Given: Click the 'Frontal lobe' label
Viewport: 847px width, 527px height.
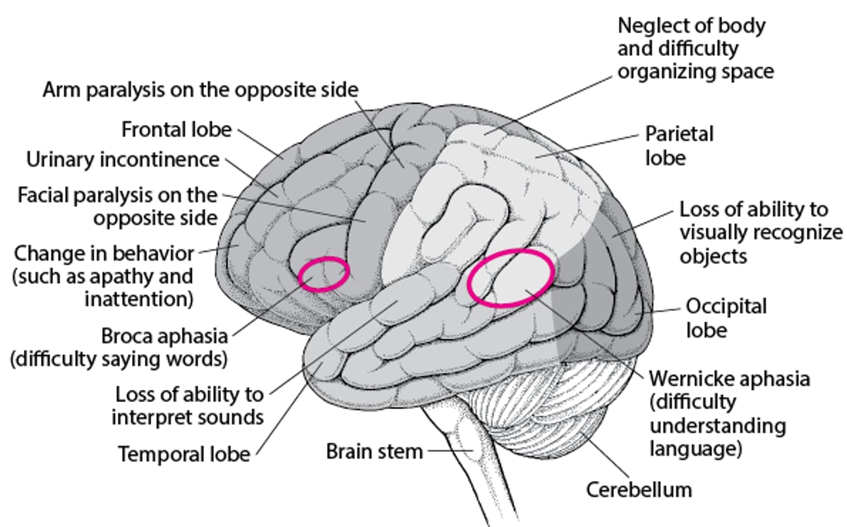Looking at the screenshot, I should point(176,130).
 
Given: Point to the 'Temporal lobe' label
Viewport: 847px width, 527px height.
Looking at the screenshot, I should point(184,453).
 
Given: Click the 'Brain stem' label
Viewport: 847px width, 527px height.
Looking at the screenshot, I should point(374,451).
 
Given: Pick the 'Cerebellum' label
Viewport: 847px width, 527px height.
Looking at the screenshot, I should point(639,489).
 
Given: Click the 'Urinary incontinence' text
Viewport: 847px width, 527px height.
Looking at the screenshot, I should point(123,160).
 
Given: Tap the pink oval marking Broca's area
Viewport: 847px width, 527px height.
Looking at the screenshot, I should point(323,274).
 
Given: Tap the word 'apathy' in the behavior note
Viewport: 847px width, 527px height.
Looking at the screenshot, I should point(133,276).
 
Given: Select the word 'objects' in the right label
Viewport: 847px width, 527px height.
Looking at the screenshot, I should point(715,255).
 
